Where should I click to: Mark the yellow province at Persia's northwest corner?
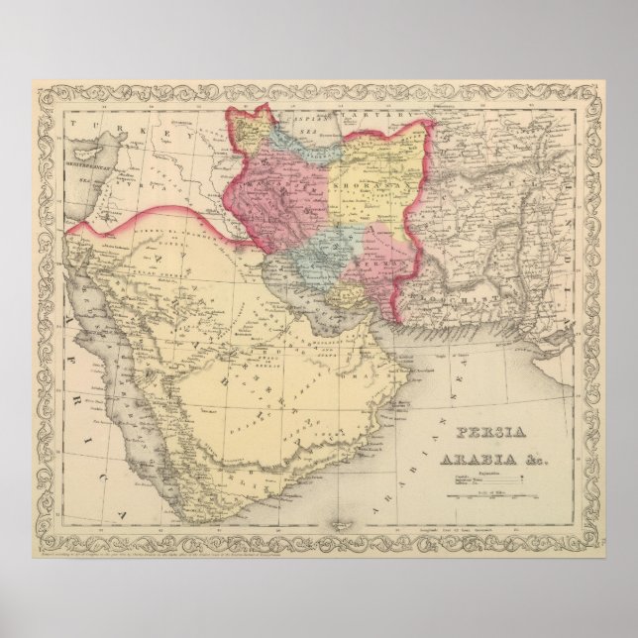[x=248, y=129]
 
